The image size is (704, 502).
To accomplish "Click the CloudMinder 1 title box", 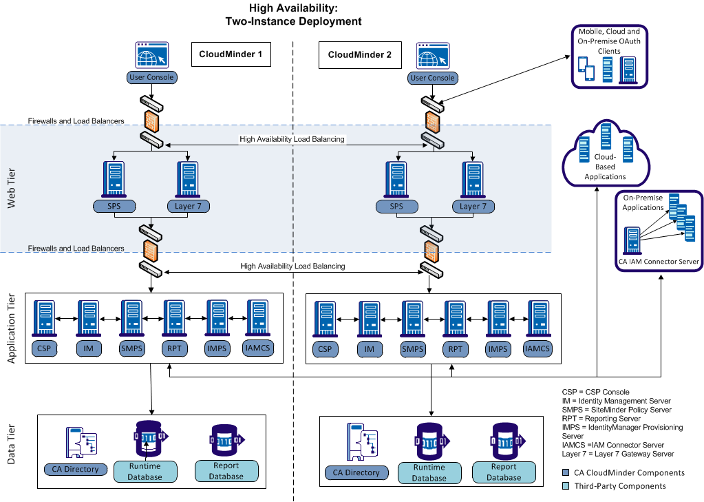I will tap(231, 54).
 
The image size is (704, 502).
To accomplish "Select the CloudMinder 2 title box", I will tap(359, 55).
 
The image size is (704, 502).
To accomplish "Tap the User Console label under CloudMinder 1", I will tap(151, 77).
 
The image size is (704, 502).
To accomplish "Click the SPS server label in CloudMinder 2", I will tap(396, 206).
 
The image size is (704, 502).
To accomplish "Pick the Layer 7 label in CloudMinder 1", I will tap(188, 206).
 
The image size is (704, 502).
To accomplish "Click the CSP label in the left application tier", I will tap(45, 348).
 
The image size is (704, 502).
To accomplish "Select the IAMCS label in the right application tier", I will tap(537, 348).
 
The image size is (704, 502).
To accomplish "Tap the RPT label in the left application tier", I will tap(173, 348).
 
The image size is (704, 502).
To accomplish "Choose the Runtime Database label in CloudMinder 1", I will tap(145, 471).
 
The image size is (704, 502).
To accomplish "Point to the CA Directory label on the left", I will tap(76, 470).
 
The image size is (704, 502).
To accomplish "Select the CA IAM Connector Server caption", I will tap(659, 261).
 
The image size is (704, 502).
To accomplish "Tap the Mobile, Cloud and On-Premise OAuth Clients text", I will tap(608, 41).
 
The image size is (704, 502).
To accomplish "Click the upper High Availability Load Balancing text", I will tap(292, 139).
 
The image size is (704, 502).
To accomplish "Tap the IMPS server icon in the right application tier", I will tap(498, 318).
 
